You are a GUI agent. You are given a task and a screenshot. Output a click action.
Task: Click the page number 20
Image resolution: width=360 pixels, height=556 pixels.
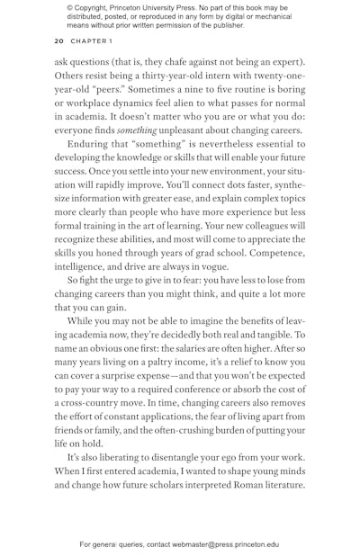pos(58,40)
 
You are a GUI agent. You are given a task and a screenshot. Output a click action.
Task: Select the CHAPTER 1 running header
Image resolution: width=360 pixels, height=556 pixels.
pos(92,40)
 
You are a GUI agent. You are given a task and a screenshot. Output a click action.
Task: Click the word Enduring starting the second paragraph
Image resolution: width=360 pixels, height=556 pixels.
pos(91,147)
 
